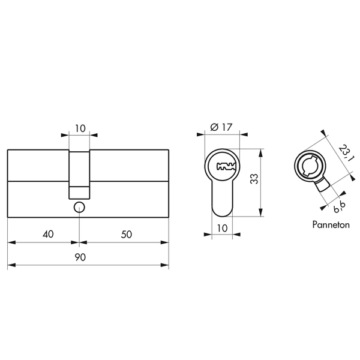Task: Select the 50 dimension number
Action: click(x=127, y=235)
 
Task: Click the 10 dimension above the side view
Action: click(x=80, y=128)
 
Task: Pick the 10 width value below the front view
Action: click(x=223, y=227)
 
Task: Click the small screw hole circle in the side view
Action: click(x=79, y=207)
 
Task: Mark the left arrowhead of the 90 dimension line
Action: click(x=10, y=265)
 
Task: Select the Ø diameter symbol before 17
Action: click(x=215, y=127)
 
